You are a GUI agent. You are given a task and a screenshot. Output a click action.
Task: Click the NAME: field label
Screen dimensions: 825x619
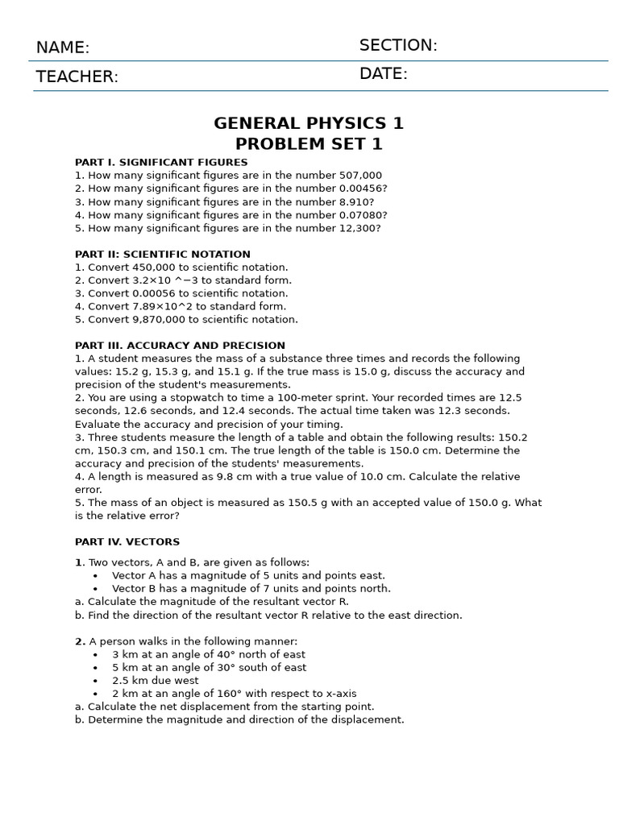(x=63, y=48)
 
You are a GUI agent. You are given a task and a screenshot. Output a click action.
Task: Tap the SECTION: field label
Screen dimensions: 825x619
(x=398, y=45)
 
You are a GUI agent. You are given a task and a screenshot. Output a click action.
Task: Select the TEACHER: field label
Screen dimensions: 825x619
(x=77, y=77)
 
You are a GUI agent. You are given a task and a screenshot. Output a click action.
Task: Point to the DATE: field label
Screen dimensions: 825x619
(x=384, y=74)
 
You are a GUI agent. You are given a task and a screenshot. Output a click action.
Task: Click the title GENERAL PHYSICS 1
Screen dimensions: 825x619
(x=309, y=123)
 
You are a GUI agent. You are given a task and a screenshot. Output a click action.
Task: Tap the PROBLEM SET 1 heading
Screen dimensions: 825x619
(x=309, y=144)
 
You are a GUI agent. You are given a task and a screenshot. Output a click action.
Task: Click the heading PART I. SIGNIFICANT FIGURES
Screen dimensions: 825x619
(x=161, y=163)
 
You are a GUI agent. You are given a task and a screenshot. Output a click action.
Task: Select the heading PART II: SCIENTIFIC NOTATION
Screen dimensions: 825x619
(x=163, y=255)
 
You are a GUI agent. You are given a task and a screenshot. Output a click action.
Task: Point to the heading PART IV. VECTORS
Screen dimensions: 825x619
(x=127, y=542)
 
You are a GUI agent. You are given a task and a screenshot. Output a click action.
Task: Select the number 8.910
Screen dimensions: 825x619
(x=355, y=202)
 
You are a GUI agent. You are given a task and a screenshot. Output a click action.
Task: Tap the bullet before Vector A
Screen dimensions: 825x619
(x=95, y=576)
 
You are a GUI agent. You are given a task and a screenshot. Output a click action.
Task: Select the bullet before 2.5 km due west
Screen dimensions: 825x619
(x=95, y=681)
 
